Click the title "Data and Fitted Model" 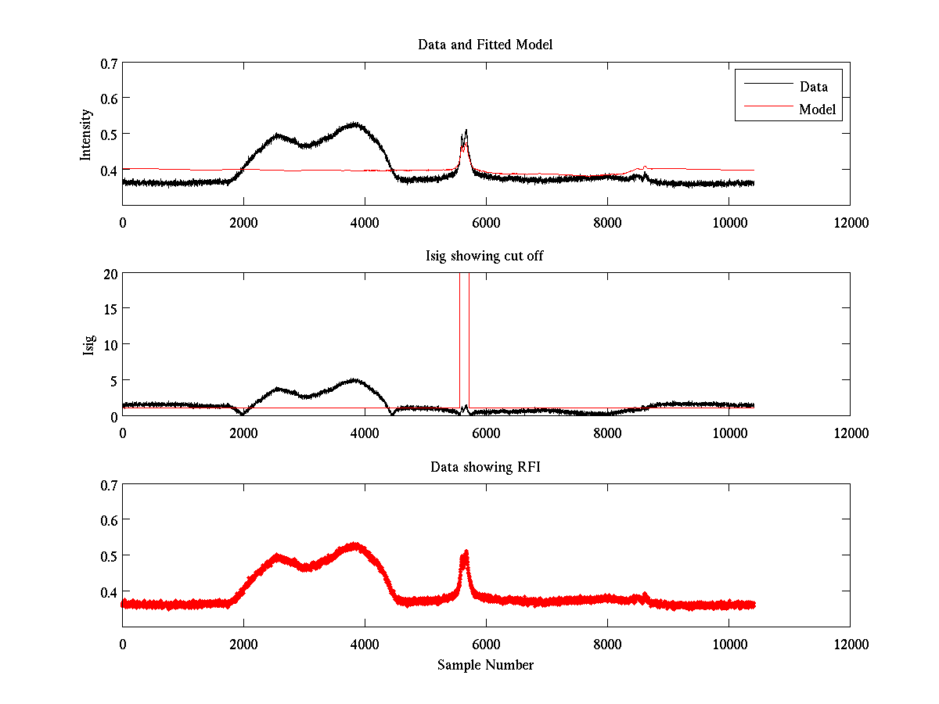485,45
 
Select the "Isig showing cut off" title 485,256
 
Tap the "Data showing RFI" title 485,467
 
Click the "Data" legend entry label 814,87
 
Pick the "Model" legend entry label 817,110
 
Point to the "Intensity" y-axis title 87,134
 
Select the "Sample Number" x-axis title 485,665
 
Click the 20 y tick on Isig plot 110,274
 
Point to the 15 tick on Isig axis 110,309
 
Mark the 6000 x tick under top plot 486,222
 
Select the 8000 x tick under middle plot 607,433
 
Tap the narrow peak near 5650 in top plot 466,131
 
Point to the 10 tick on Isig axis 110,344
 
